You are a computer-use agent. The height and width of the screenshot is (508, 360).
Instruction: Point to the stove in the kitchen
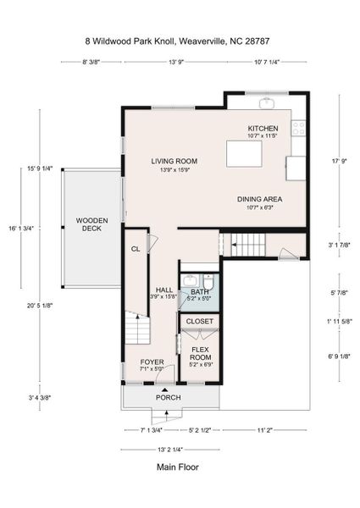[298, 129]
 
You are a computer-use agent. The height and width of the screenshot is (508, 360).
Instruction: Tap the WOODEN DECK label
[91, 224]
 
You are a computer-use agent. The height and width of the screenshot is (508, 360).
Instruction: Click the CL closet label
[135, 249]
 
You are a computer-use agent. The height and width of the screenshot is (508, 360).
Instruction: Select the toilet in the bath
[208, 282]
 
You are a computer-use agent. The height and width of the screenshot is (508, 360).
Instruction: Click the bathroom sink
[189, 281]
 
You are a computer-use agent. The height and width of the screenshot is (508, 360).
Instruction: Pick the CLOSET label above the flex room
[199, 321]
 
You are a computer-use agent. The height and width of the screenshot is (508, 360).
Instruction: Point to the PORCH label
[168, 397]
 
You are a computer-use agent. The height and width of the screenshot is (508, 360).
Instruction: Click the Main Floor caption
[177, 466]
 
